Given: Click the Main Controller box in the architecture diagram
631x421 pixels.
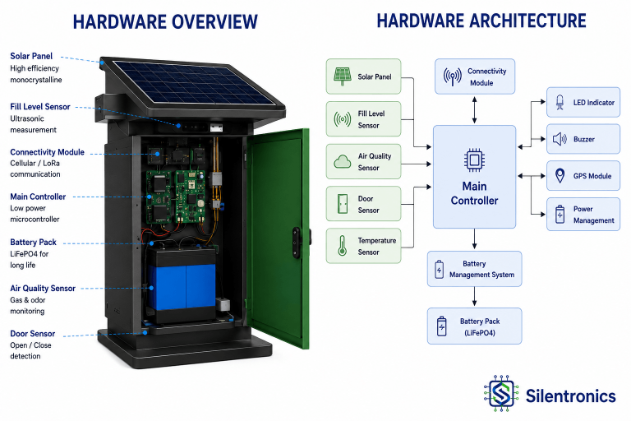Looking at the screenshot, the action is [x=474, y=177].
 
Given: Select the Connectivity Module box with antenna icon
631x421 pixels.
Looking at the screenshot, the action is [x=474, y=76].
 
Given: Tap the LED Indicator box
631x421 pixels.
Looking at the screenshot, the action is [x=583, y=102].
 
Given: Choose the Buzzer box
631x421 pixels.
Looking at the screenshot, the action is [x=583, y=139].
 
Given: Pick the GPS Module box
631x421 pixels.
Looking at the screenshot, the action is [x=583, y=176].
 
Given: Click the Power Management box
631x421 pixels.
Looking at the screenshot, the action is [x=583, y=215].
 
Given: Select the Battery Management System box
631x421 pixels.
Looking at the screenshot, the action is [x=474, y=269].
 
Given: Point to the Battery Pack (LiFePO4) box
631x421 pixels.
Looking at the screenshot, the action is [x=474, y=326].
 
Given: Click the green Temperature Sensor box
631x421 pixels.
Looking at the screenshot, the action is [x=363, y=246].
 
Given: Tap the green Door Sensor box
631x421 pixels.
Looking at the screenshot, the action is [x=363, y=203].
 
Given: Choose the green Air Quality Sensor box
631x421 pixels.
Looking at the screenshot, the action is [x=363, y=161].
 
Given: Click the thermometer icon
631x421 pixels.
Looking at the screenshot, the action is [x=342, y=246].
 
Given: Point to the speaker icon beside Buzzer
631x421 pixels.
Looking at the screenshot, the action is [x=560, y=140].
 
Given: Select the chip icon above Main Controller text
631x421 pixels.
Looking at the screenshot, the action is [x=474, y=160].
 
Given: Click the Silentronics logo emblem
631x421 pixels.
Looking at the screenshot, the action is [x=501, y=393].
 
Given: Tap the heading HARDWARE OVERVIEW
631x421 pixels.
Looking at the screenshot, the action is [x=165, y=21].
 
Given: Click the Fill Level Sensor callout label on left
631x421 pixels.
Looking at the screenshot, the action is [x=40, y=107].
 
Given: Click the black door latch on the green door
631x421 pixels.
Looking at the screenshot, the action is [x=297, y=243].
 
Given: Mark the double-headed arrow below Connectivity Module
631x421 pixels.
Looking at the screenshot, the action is [x=474, y=109].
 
